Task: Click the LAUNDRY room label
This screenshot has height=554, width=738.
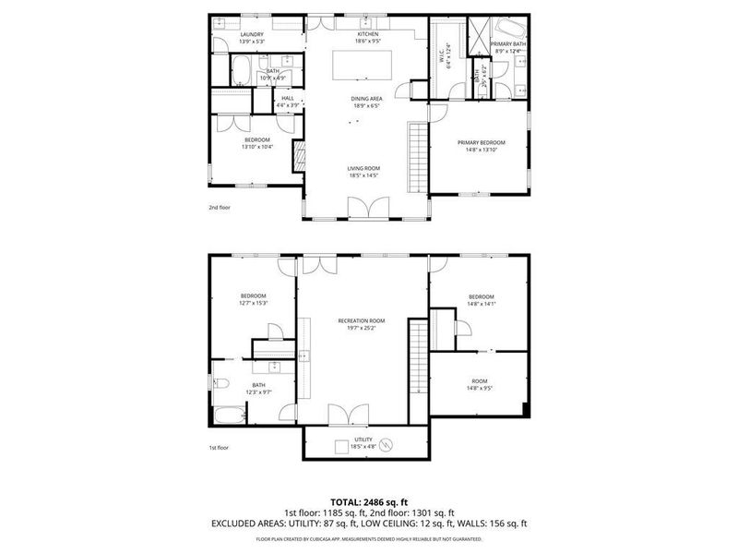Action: click(226, 35)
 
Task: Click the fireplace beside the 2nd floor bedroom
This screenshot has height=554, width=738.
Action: click(299, 156)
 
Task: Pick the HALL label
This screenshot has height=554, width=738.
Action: click(288, 98)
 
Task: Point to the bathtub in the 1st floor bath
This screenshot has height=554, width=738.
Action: click(229, 417)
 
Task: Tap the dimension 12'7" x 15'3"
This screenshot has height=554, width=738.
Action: click(253, 303)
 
